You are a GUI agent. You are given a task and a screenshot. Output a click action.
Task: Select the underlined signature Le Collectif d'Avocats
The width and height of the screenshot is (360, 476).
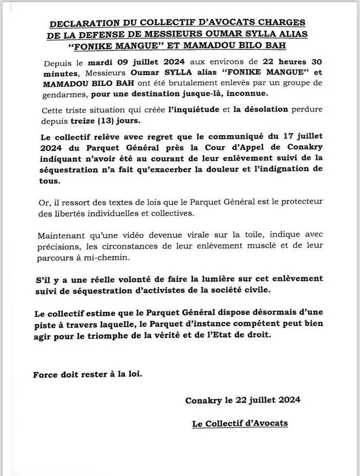click(240, 424)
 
